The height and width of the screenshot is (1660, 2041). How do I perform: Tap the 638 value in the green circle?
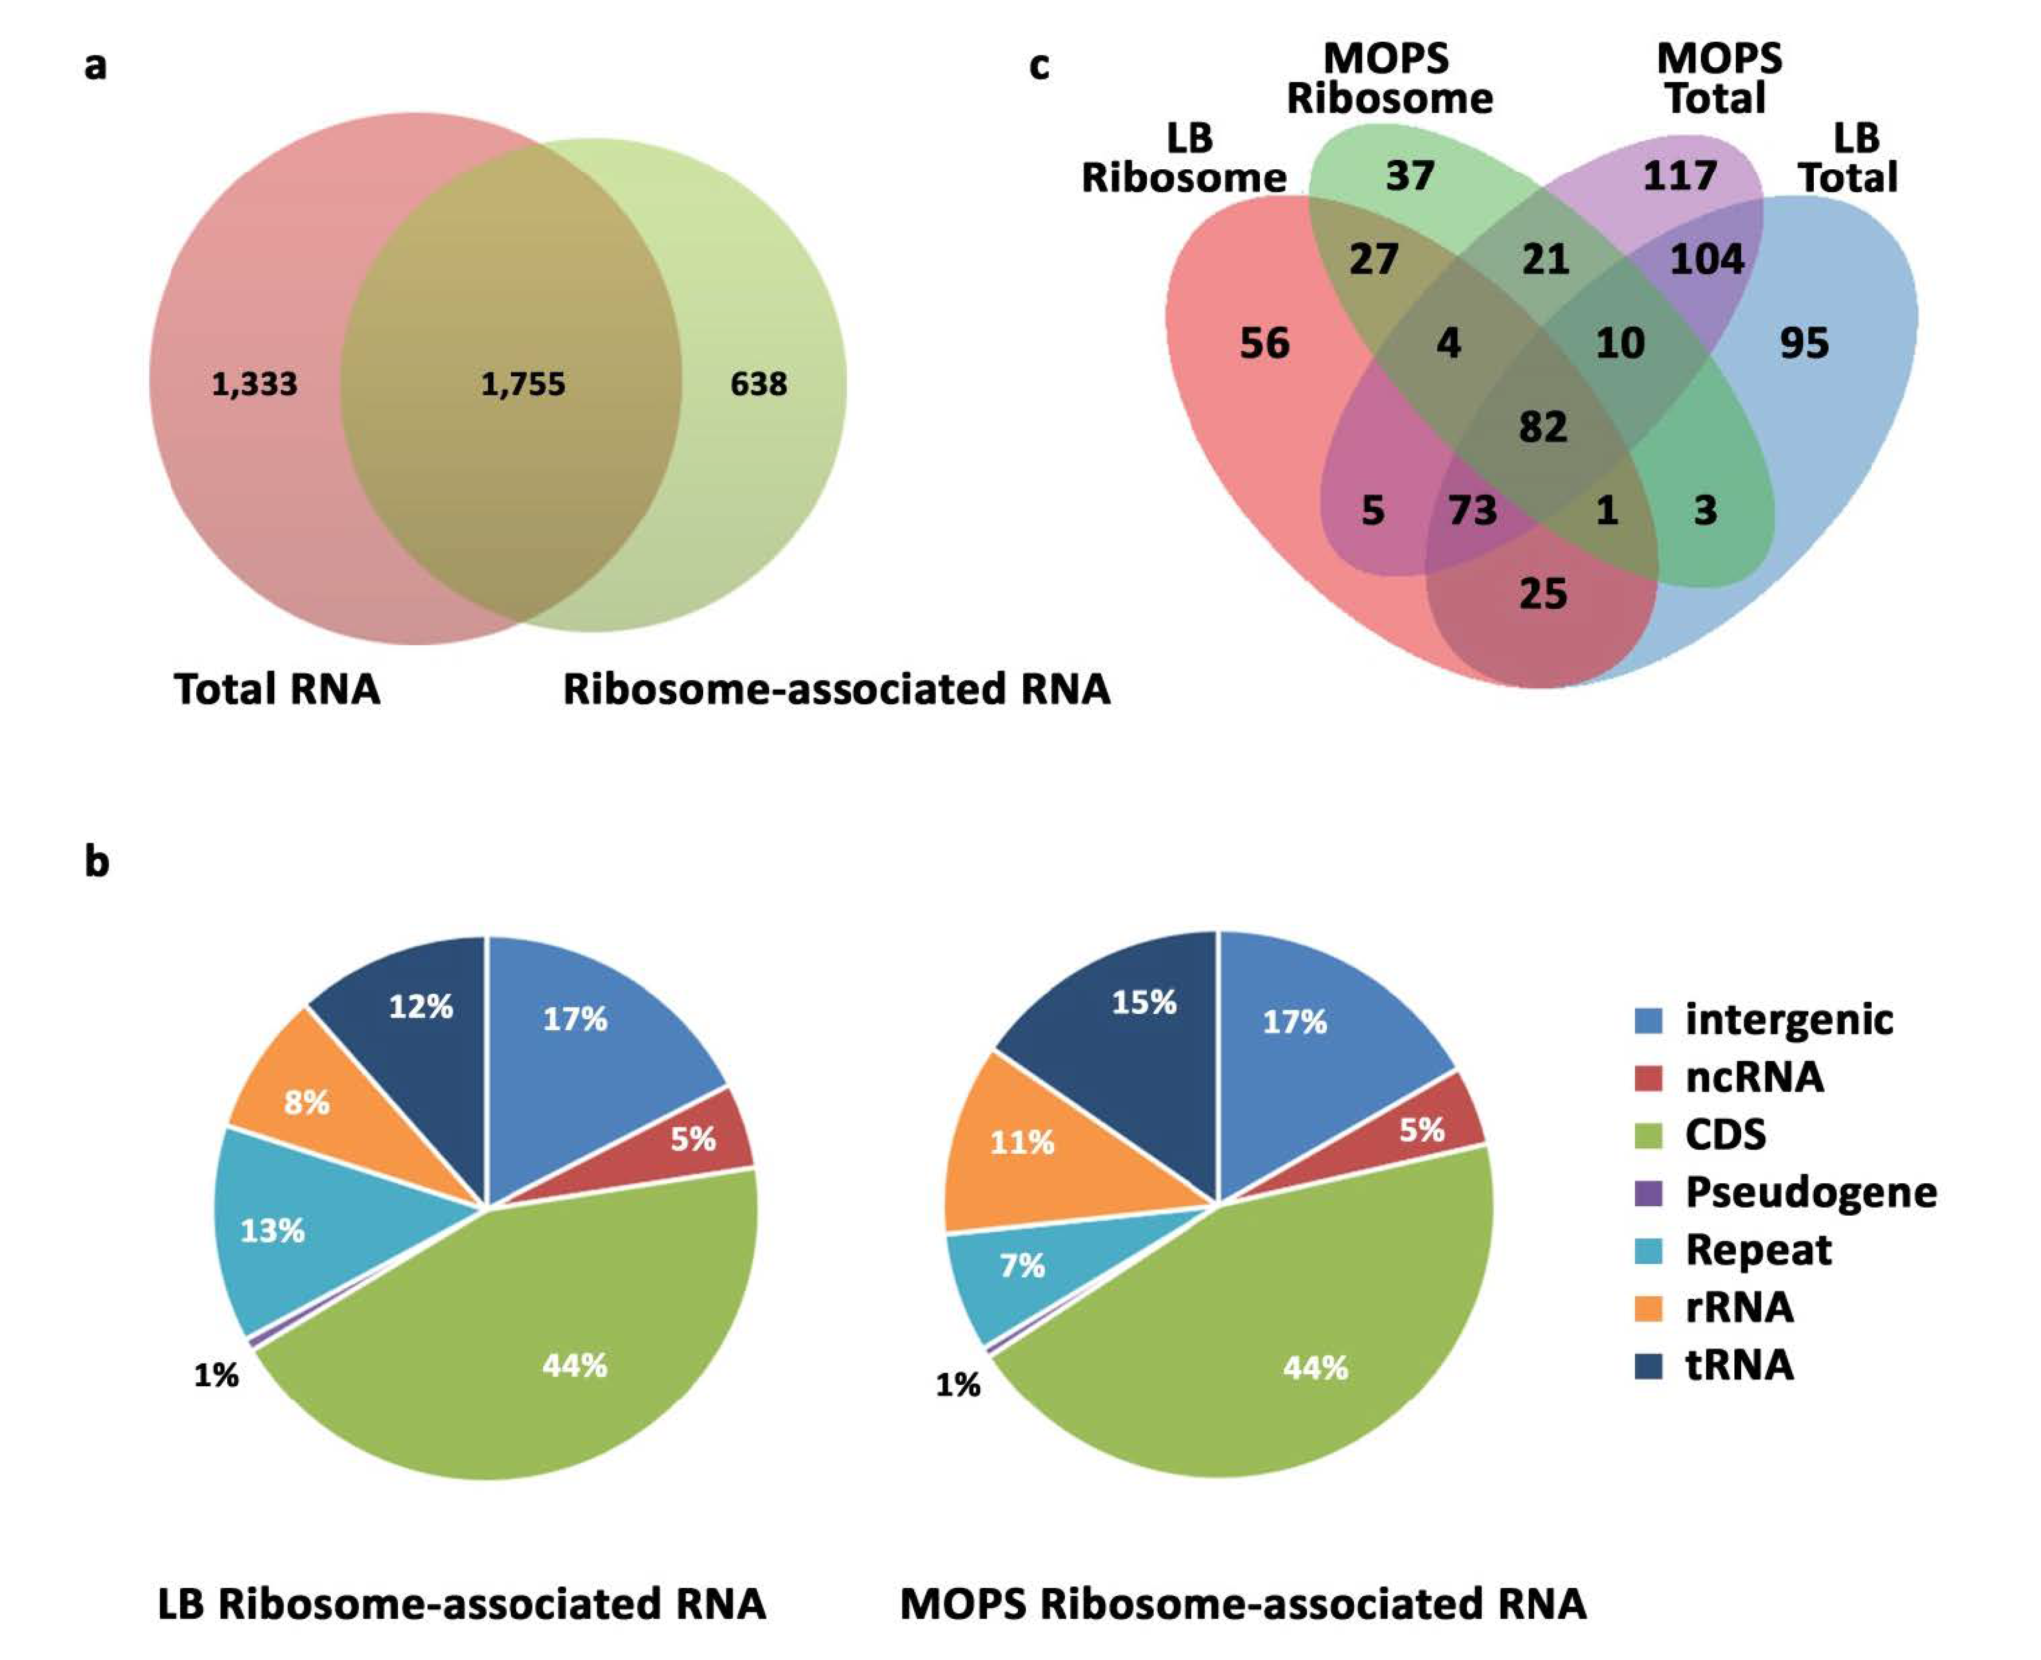click(x=758, y=385)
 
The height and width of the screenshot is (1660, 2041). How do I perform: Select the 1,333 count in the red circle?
click(x=254, y=385)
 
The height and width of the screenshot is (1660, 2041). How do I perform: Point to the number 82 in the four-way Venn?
click(x=1543, y=426)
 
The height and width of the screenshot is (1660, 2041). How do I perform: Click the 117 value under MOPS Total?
click(x=1679, y=176)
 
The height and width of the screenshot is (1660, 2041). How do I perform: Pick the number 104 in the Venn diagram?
click(x=1706, y=259)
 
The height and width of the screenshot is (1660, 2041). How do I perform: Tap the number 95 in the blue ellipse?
click(x=1804, y=343)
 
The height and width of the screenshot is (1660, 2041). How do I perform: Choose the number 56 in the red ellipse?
click(x=1264, y=343)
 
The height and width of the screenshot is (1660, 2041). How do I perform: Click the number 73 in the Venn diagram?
click(x=1472, y=510)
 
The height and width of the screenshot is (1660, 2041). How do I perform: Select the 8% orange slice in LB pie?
click(x=306, y=1103)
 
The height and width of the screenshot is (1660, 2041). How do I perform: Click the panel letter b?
click(x=97, y=861)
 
